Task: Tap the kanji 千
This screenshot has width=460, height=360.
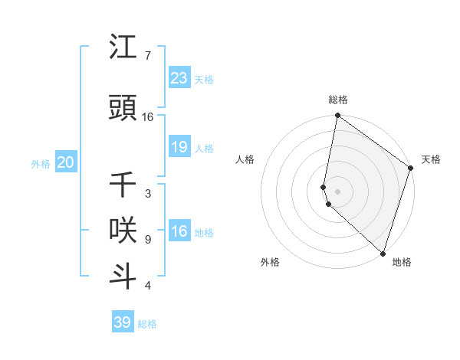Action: coord(123,185)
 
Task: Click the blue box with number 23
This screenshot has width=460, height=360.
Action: coord(179,78)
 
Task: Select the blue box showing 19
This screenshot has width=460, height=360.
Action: coord(179,147)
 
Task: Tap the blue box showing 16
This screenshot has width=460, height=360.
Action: coord(179,231)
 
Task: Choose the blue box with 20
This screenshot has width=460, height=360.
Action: coord(66,162)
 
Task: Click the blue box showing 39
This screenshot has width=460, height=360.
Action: coord(123,322)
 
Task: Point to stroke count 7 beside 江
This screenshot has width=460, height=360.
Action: coord(147,56)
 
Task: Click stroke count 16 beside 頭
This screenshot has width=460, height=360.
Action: coord(148,117)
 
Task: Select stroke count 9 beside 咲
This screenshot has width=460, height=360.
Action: coord(147,240)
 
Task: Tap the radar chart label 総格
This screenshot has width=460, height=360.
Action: coord(338,100)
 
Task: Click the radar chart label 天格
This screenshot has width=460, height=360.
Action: coord(431,159)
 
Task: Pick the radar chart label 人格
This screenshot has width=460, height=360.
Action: coord(245,159)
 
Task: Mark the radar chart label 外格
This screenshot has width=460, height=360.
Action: coord(270,262)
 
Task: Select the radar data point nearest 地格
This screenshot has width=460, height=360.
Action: coord(383,254)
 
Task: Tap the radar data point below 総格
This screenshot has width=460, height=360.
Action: coord(337,116)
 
